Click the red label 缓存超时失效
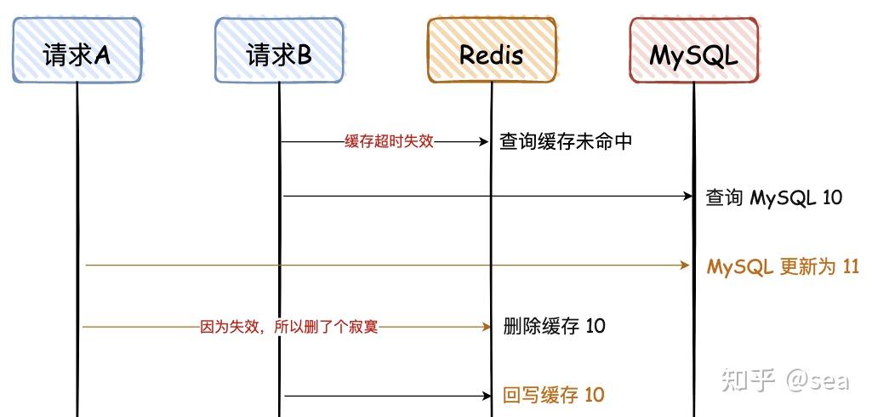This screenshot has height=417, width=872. tap(389, 141)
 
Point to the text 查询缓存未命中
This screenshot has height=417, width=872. tap(566, 141)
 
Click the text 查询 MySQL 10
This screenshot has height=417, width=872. tap(774, 197)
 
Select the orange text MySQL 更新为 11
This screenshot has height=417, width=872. tap(783, 266)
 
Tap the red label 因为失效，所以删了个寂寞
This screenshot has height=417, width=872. tap(288, 327)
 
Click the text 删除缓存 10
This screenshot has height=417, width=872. tap(554, 326)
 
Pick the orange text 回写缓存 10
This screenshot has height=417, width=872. tap(554, 395)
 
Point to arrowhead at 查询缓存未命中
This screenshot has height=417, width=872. tap(486, 141)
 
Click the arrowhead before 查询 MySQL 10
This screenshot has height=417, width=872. tap(688, 197)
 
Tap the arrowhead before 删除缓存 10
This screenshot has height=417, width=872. tap(486, 327)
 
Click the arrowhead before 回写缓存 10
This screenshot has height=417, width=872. tap(486, 396)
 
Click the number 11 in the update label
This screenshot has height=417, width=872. tap(849, 266)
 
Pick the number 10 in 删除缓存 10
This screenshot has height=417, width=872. tap(596, 326)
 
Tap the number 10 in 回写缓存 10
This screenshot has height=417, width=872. tap(596, 395)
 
